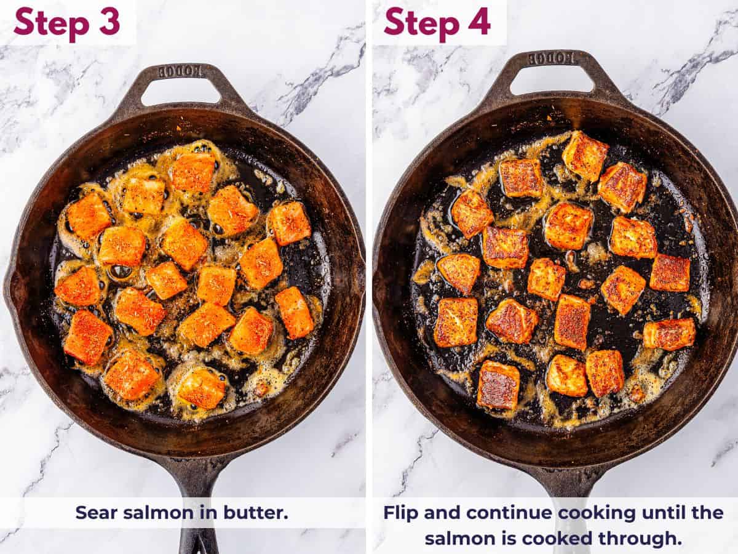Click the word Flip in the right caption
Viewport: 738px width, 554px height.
click(x=404, y=512)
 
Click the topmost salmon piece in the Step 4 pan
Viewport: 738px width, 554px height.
click(x=584, y=156)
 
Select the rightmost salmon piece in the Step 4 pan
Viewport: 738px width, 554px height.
click(x=669, y=334)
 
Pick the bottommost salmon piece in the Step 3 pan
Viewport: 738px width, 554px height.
click(x=201, y=388)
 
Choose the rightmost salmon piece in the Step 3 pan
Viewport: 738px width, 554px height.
click(x=295, y=312)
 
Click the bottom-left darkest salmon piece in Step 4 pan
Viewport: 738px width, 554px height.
click(x=498, y=385)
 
